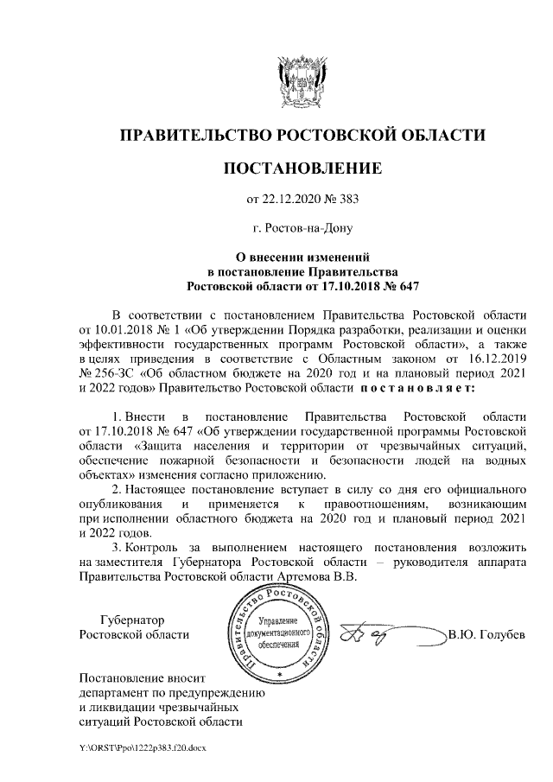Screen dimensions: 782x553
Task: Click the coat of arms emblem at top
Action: (x=302, y=83)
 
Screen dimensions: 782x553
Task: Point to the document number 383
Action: (x=348, y=200)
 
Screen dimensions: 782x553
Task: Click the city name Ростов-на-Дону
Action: (x=302, y=229)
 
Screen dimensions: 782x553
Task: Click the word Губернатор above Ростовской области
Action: (x=132, y=620)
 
